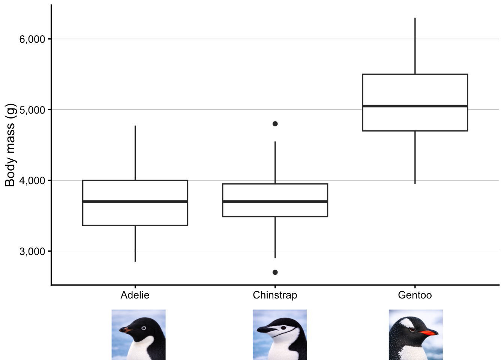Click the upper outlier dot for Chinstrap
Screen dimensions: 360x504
point(275,124)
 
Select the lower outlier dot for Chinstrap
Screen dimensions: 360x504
point(275,272)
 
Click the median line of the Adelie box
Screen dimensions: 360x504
point(135,201)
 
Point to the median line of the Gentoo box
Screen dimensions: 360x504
point(415,106)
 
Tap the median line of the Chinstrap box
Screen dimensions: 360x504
point(275,201)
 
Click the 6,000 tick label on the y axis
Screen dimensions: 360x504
point(32,39)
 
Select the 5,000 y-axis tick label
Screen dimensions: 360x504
point(32,110)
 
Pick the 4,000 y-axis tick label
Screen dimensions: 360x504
point(32,180)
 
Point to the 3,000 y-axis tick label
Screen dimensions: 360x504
point(32,251)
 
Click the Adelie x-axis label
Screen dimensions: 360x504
point(135,295)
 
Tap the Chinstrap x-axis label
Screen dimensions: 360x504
point(275,295)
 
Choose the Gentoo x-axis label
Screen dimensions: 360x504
point(415,295)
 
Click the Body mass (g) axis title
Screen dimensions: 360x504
point(10,145)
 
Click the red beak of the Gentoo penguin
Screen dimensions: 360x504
point(429,332)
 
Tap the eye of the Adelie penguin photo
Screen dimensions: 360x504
point(144,328)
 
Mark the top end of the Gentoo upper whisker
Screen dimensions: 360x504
point(415,18)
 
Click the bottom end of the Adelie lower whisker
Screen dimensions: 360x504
point(135,261)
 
